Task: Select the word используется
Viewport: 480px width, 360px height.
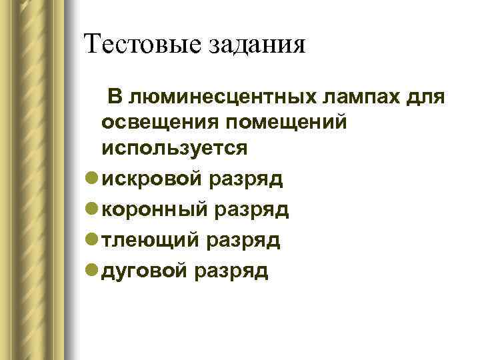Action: click(174, 149)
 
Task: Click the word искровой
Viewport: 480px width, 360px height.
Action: click(152, 179)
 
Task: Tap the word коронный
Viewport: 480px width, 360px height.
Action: click(156, 209)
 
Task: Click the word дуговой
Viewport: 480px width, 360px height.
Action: click(146, 271)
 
